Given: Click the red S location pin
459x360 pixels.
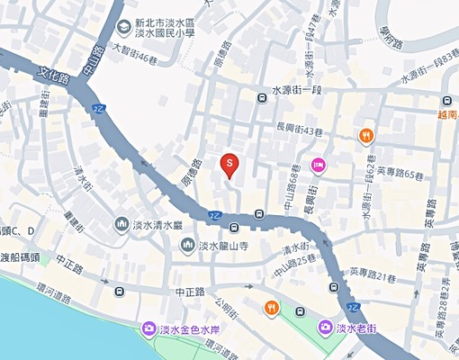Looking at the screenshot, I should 229,165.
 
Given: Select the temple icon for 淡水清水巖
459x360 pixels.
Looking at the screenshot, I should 121,224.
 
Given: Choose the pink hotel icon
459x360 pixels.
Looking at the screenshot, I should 317,164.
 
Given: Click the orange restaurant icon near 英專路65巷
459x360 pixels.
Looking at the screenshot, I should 365,137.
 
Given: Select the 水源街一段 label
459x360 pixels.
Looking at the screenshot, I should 301,91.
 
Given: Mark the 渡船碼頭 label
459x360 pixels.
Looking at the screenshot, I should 20,257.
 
